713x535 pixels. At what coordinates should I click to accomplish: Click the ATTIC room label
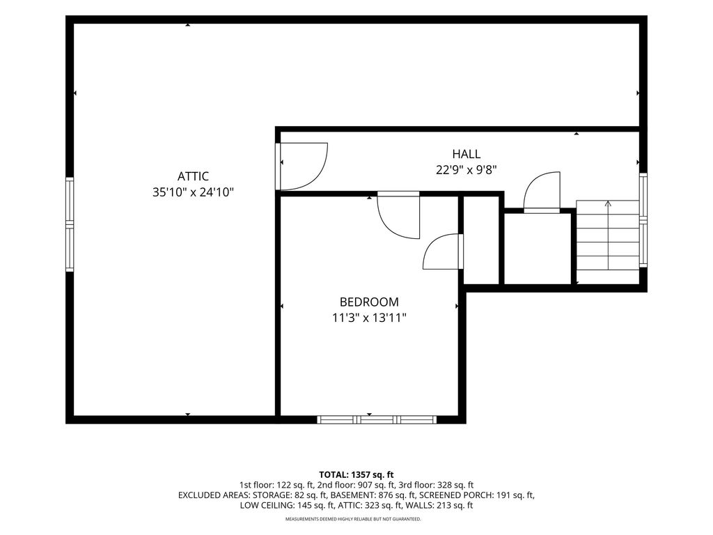coord(193,176)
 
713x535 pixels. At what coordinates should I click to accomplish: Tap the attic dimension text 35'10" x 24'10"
coord(193,192)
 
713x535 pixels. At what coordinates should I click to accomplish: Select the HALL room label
coord(466,154)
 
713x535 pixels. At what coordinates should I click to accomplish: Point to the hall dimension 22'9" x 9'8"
coord(466,170)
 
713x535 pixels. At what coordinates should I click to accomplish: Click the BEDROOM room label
coord(369,302)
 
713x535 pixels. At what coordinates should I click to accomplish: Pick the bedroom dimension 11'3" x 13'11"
coord(369,318)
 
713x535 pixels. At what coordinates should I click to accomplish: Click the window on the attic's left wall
coord(70,225)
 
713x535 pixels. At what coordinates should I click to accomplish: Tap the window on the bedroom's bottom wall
coord(377,419)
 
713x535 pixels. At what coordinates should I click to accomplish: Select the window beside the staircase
coord(643,219)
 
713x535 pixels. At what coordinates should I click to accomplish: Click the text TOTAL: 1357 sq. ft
coord(356,475)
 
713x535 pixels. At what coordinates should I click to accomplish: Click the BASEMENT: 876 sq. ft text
coord(373,495)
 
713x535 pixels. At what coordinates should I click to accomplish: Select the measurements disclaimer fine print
coord(353,519)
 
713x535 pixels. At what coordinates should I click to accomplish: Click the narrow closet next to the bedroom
coord(481,240)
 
